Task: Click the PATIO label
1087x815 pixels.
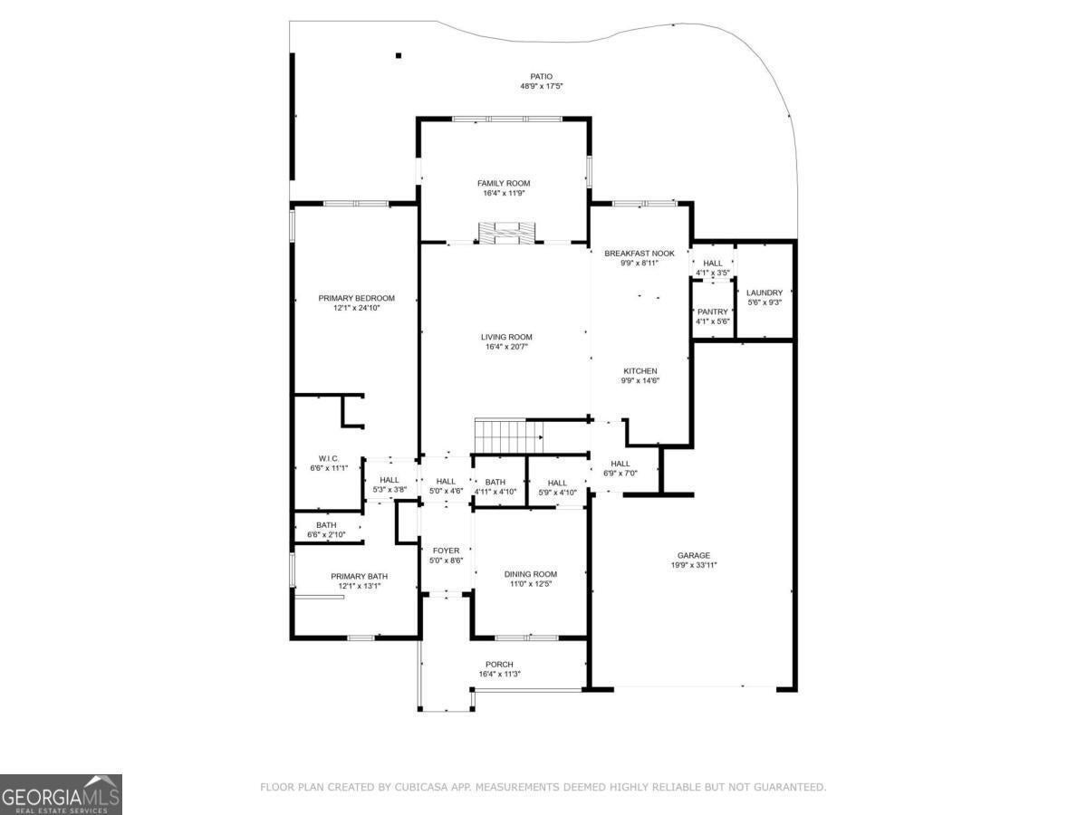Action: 541,77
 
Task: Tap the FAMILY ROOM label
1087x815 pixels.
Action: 504,183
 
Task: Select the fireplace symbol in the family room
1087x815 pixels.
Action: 506,233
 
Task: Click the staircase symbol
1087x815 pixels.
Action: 508,436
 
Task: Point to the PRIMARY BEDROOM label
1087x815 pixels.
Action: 357,298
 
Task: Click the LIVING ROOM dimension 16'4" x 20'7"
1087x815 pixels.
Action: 506,347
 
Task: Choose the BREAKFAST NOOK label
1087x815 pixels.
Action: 640,254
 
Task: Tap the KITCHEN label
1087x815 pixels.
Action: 640,371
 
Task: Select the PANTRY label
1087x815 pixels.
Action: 713,312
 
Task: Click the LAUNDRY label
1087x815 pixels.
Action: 765,292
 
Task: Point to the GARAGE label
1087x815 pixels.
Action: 694,556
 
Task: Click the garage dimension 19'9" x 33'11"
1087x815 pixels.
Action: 694,565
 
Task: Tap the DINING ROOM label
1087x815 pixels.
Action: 531,574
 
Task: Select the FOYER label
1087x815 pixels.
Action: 447,551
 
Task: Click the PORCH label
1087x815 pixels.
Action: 499,665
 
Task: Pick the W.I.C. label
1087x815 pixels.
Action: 329,459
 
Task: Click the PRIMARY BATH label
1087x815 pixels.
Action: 359,577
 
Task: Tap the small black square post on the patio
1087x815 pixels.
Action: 399,55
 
